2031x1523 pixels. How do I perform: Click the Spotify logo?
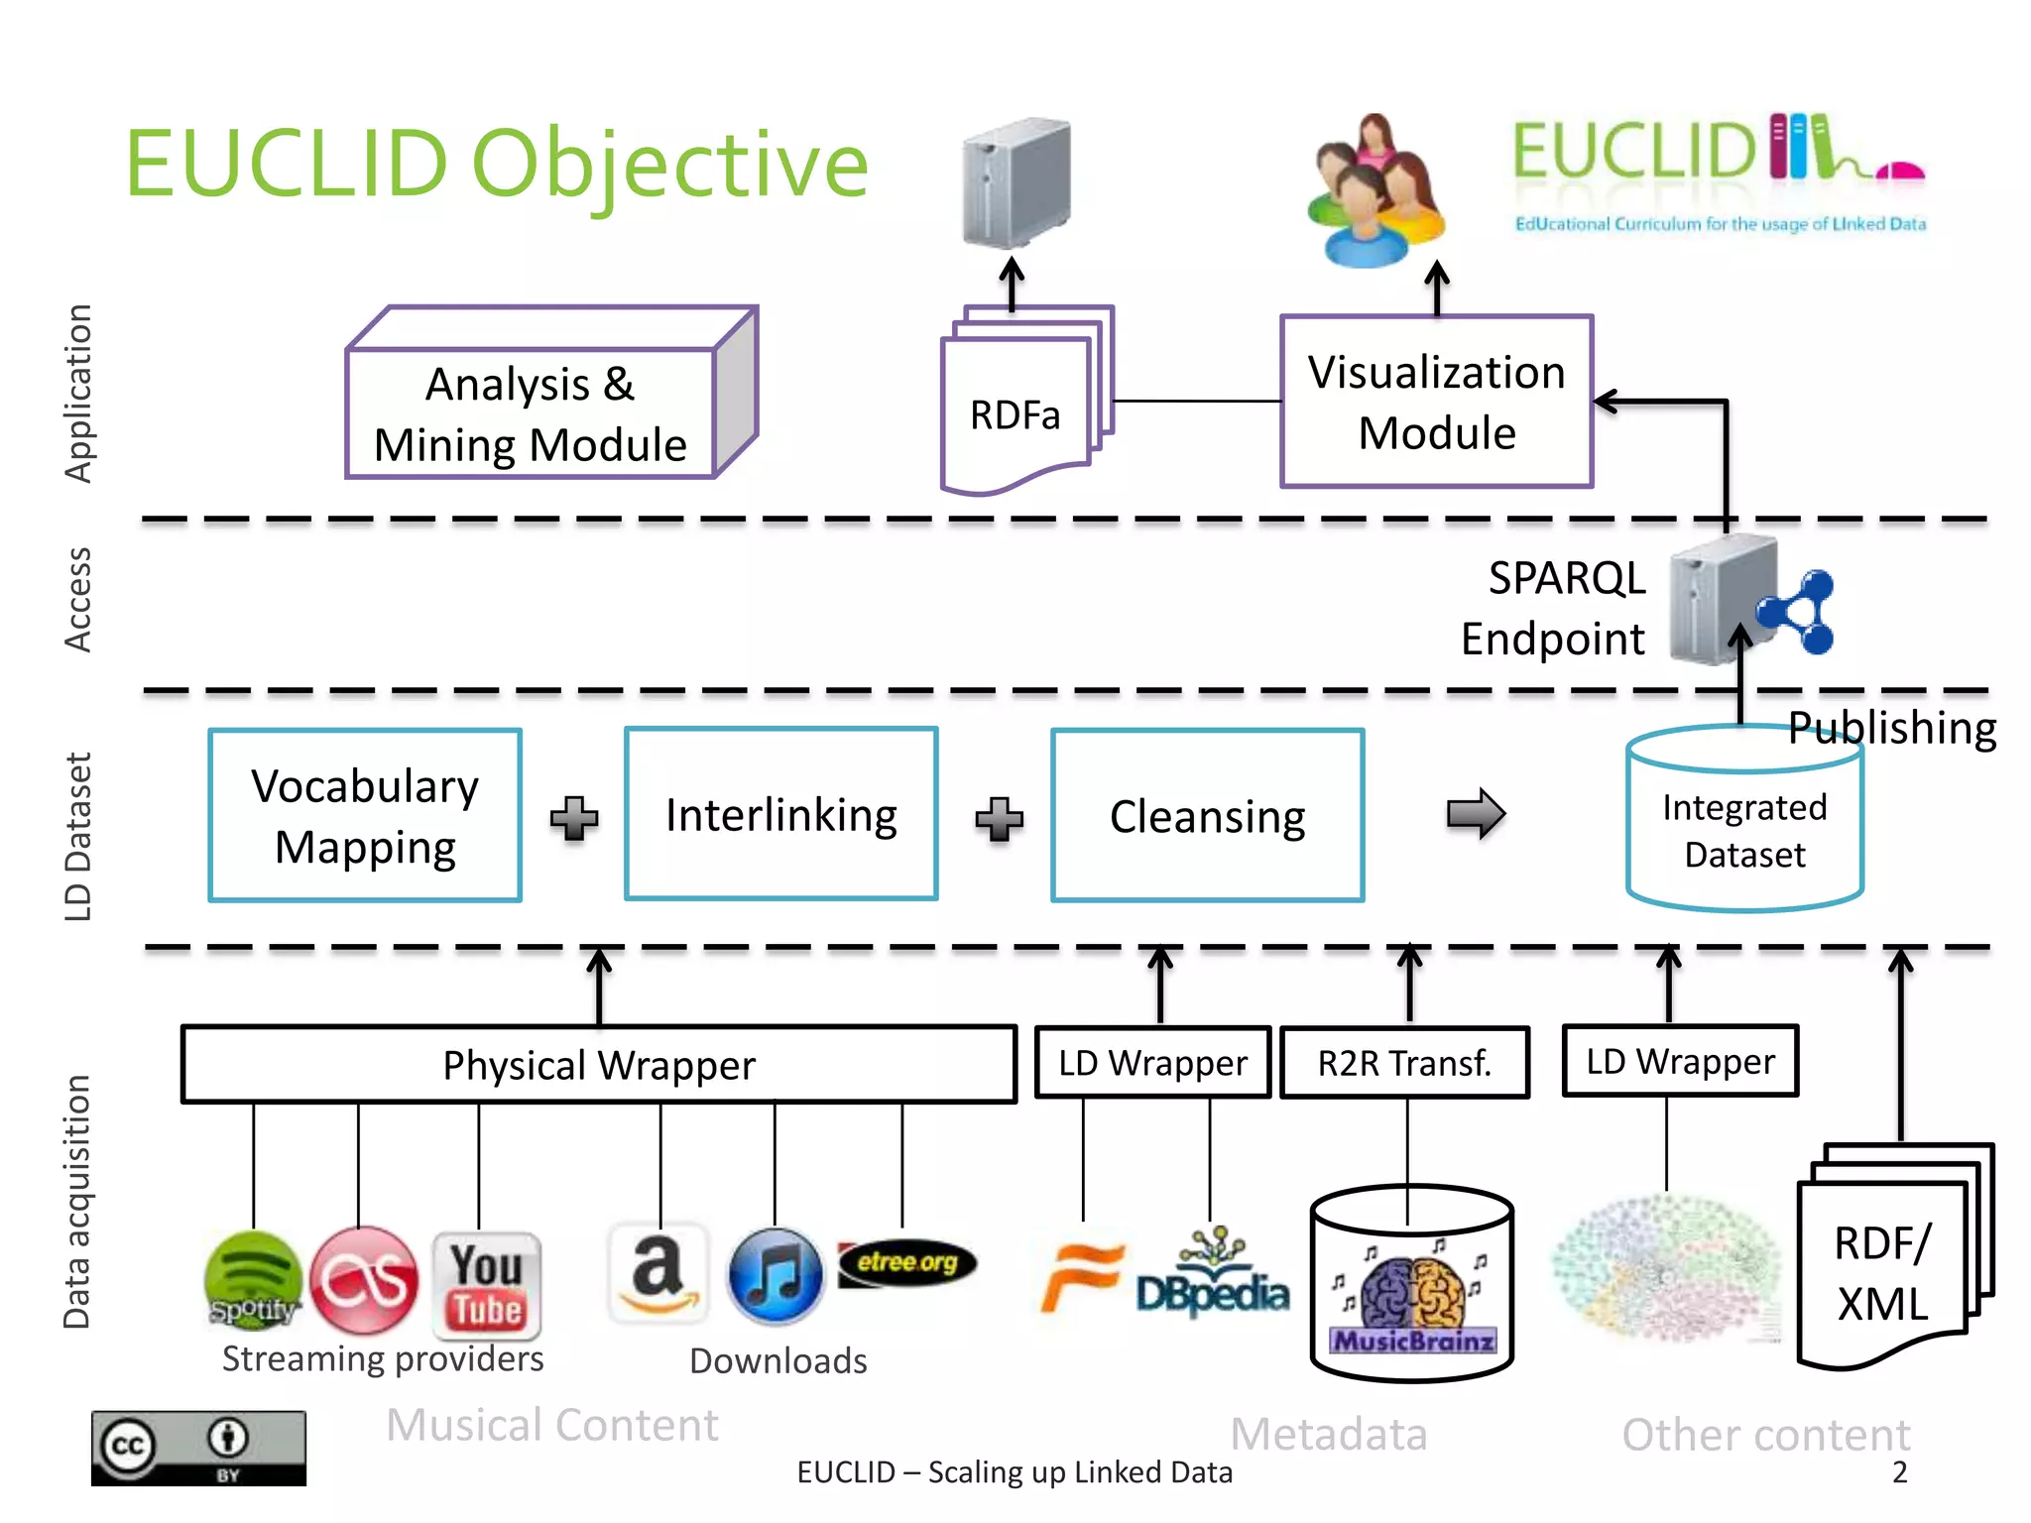(x=253, y=1280)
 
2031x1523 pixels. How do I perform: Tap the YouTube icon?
(x=486, y=1284)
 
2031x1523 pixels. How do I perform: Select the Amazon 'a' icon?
(x=657, y=1274)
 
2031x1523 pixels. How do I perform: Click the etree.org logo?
(x=906, y=1263)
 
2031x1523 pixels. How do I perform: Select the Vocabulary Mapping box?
(x=365, y=815)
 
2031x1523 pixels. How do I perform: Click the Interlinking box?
(x=780, y=814)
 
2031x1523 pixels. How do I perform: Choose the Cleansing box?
(x=1207, y=815)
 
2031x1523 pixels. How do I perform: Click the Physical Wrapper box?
(x=599, y=1064)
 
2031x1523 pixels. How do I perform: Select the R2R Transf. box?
(x=1404, y=1063)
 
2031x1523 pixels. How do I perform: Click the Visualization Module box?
(x=1436, y=402)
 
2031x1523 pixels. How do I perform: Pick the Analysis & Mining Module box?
(x=531, y=413)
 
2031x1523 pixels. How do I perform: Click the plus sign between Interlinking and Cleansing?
(x=999, y=818)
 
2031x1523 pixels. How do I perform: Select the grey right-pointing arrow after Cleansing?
(x=1475, y=814)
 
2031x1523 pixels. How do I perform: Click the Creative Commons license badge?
(x=198, y=1448)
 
